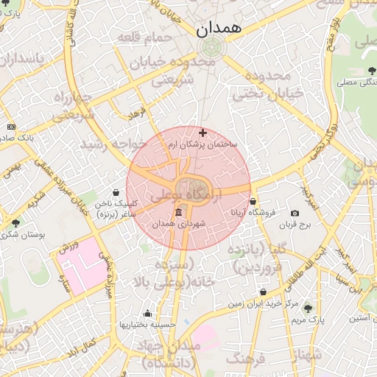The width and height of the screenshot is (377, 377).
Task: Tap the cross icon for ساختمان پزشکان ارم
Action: click(x=203, y=133)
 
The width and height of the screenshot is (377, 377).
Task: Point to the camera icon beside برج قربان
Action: click(x=295, y=213)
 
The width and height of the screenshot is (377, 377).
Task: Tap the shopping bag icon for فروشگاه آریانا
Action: click(x=253, y=201)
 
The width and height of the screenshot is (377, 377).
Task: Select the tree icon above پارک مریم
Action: click(x=308, y=309)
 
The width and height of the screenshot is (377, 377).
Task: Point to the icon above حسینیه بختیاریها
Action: click(x=147, y=313)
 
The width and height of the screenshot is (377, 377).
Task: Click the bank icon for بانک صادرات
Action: click(x=10, y=127)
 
